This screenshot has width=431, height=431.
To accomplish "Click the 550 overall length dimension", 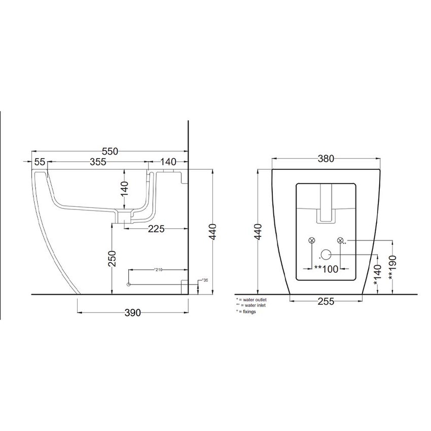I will tap(110, 151).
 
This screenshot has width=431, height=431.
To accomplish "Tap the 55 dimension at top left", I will tap(40, 162).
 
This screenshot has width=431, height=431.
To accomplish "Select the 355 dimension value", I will tap(96, 162).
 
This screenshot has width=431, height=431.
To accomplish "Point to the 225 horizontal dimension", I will tap(156, 229).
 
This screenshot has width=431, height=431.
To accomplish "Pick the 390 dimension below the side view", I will tap(132, 313).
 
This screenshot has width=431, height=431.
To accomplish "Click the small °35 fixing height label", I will tap(205, 280).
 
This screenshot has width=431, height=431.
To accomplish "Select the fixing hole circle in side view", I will tap(129, 284).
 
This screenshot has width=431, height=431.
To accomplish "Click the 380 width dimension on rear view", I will tap(326, 159).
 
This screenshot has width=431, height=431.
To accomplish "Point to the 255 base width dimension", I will tap(326, 302).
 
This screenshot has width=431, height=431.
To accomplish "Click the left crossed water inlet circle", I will tap(311, 240).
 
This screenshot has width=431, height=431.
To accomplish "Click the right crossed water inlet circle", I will tap(340, 240).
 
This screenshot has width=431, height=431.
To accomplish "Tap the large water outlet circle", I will tap(326, 255).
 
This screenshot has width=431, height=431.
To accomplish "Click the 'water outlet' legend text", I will tap(253, 300).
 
